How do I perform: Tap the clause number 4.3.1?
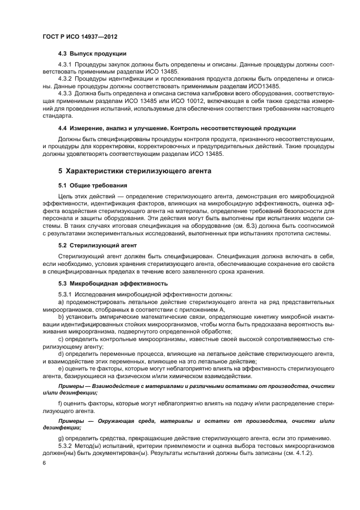(x=65, y=65)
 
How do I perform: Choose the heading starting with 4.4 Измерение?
(x=177, y=128)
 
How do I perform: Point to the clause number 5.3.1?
(x=65, y=294)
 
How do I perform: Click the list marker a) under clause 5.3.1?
(x=61, y=301)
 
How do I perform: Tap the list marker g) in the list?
(x=61, y=438)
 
